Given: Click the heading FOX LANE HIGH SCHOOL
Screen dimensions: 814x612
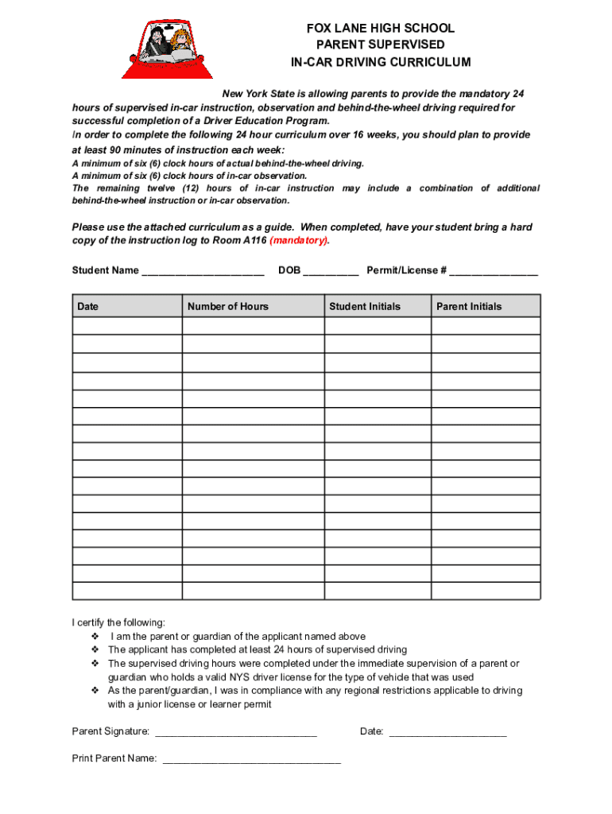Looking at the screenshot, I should pos(380,29).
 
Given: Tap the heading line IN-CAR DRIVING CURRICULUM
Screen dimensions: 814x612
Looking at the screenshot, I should pos(380,62).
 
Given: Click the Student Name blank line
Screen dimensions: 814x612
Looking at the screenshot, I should pos(203,271).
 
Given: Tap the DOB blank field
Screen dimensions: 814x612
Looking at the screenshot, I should pos(331,271).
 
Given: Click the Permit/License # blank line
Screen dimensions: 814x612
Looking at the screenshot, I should pos(494,271).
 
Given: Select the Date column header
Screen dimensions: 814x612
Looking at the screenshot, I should pos(88,306).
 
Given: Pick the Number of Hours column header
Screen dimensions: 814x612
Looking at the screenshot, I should pos(228,306).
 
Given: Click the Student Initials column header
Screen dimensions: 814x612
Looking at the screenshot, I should pos(365,306).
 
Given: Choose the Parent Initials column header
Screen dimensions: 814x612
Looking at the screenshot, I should pos(469,306).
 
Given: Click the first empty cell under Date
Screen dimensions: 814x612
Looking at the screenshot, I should pos(127,326).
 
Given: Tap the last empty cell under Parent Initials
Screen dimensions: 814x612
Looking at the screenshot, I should pos(486,591).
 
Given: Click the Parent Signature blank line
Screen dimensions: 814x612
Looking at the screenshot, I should pos(236,732).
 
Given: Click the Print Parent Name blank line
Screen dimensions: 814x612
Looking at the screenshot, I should pos(252,759).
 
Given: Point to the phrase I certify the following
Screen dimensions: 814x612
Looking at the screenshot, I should pos(119,622).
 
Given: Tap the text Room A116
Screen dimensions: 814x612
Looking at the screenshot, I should pos(242,240).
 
